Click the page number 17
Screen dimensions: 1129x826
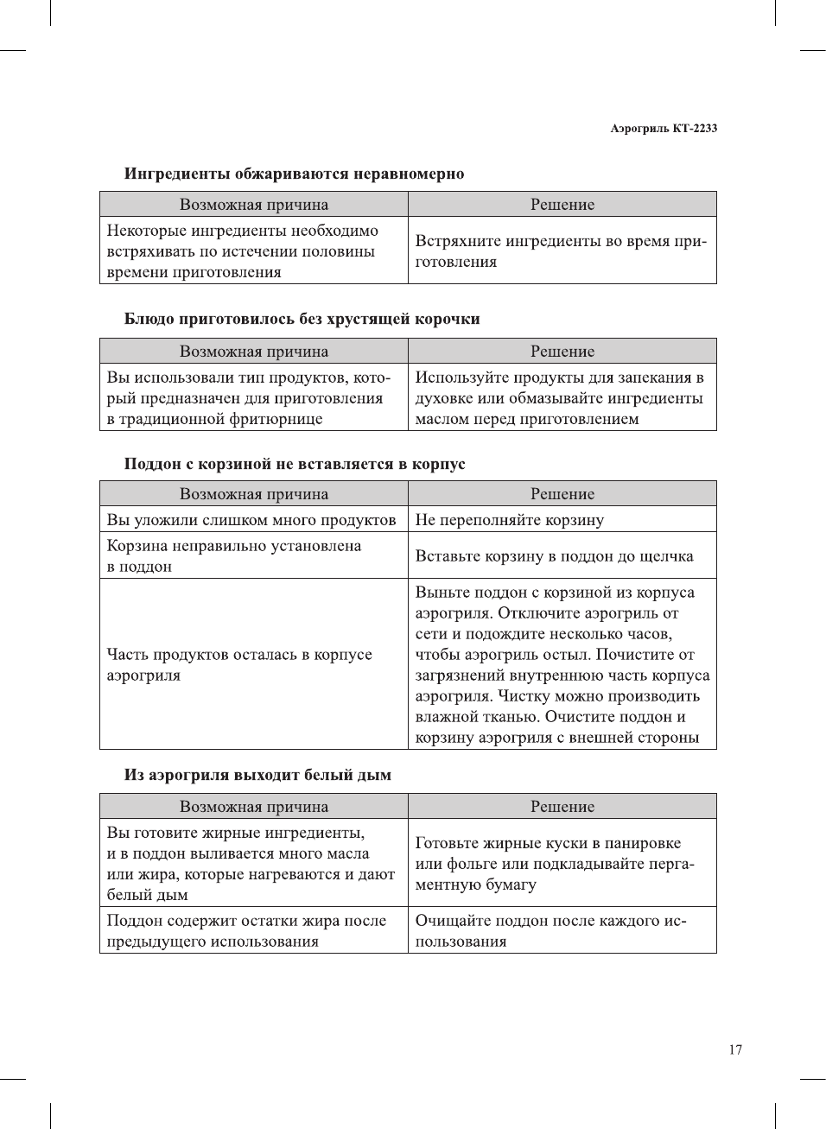(734, 1050)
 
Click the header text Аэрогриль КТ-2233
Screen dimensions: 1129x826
(663, 128)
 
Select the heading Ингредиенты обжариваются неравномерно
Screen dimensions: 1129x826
(294, 174)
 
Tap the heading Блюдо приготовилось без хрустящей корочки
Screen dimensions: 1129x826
(302, 319)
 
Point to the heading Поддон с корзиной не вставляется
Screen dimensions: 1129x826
(294, 464)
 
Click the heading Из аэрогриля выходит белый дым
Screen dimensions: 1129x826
(257, 775)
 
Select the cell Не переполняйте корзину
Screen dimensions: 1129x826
(509, 520)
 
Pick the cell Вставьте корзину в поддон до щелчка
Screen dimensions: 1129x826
(554, 556)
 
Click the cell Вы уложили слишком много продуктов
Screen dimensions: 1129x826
(251, 520)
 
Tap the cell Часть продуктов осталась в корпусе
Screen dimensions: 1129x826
(238, 664)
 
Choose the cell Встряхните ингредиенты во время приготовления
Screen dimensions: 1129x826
(561, 251)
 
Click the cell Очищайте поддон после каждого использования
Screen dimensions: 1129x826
(550, 930)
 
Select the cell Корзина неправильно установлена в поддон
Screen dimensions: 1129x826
(233, 556)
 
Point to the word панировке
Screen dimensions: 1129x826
(642, 843)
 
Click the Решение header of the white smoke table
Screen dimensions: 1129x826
(562, 807)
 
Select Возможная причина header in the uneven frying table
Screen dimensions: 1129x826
(253, 205)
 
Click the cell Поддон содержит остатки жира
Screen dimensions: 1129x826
(246, 930)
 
